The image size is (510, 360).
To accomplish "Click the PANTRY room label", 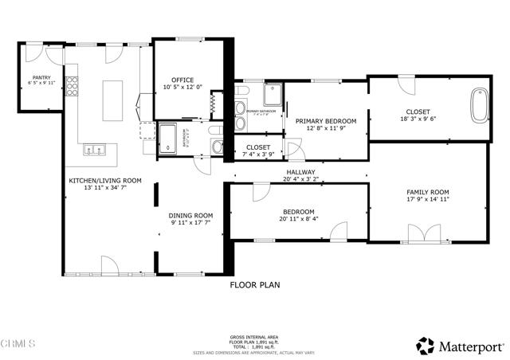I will pos(41,76).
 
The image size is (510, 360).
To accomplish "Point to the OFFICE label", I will pos(183,80).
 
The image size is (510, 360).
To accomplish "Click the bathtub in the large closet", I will pos(480,105).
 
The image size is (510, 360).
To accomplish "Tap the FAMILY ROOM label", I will pos(428,192).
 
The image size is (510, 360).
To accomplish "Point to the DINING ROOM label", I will pos(191,215).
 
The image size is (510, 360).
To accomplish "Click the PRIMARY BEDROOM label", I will pos(325,121).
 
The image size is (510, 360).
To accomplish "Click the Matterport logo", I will pos(460,346).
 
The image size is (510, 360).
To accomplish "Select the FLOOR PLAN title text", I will pos(254,284).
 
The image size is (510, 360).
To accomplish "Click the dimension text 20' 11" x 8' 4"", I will pos(300,218).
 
